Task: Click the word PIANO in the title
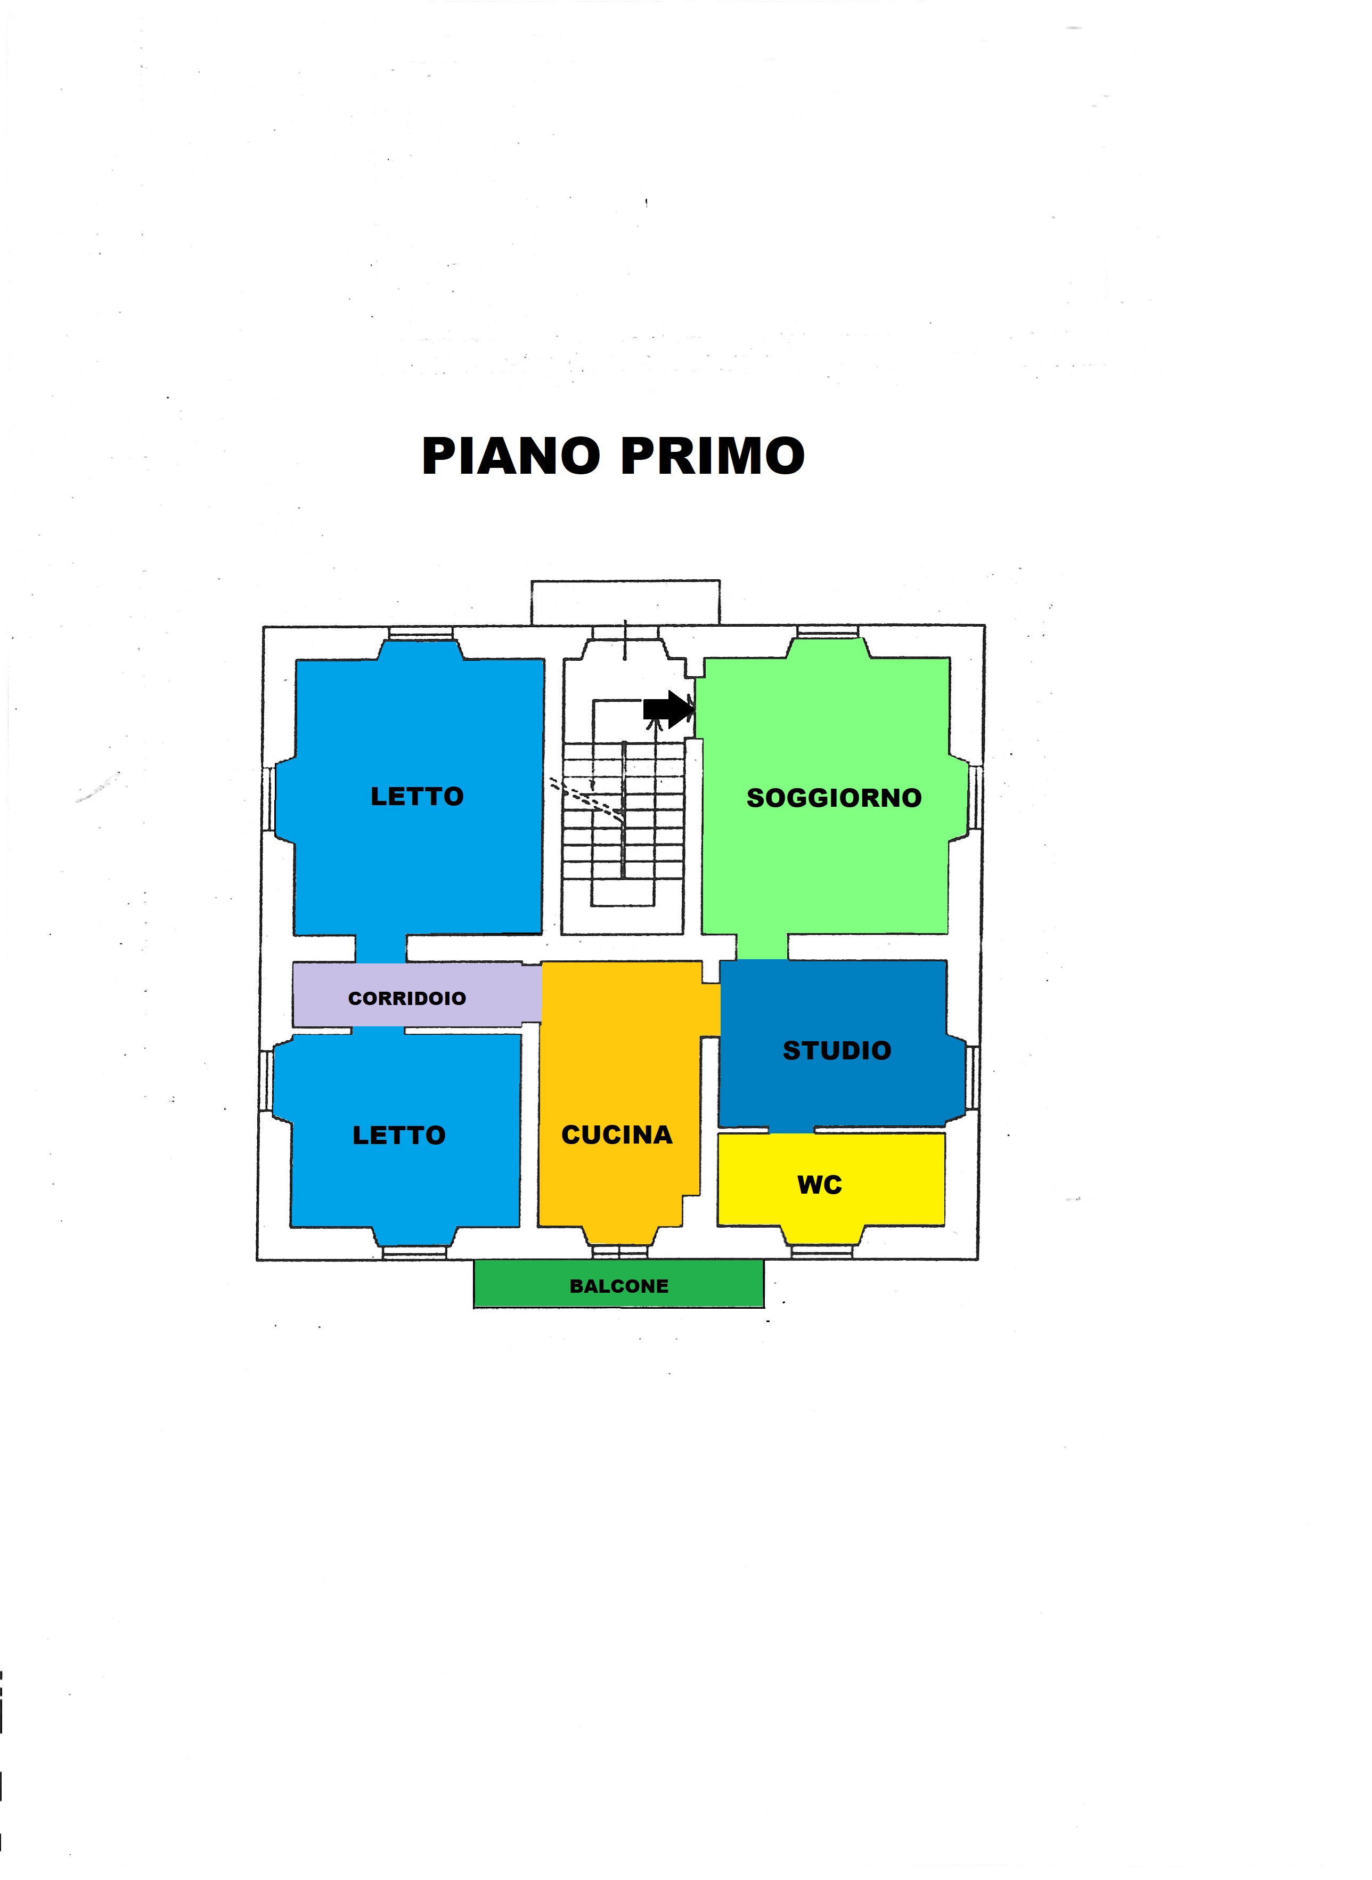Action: (x=511, y=456)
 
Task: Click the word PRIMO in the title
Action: (x=713, y=456)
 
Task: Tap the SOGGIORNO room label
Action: (x=834, y=798)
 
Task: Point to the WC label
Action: (x=820, y=1186)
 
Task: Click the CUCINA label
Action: (x=617, y=1135)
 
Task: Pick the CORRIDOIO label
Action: (x=407, y=999)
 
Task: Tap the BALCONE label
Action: (x=619, y=1286)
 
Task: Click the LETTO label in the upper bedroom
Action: (x=417, y=797)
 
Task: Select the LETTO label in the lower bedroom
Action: (x=399, y=1136)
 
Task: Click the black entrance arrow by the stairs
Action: (x=668, y=709)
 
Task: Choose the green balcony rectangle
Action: (x=619, y=1284)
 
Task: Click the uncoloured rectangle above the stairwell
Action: (x=625, y=602)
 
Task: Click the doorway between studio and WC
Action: (x=790, y=1131)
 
